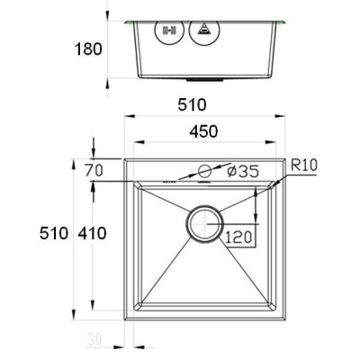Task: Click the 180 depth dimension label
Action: [88, 49]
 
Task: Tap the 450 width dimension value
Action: [203, 131]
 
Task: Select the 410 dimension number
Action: [92, 233]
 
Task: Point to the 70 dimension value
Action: [94, 170]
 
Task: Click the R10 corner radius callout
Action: [304, 166]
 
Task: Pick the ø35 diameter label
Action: [243, 171]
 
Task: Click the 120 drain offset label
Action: [238, 238]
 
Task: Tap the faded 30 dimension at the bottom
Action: [94, 339]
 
